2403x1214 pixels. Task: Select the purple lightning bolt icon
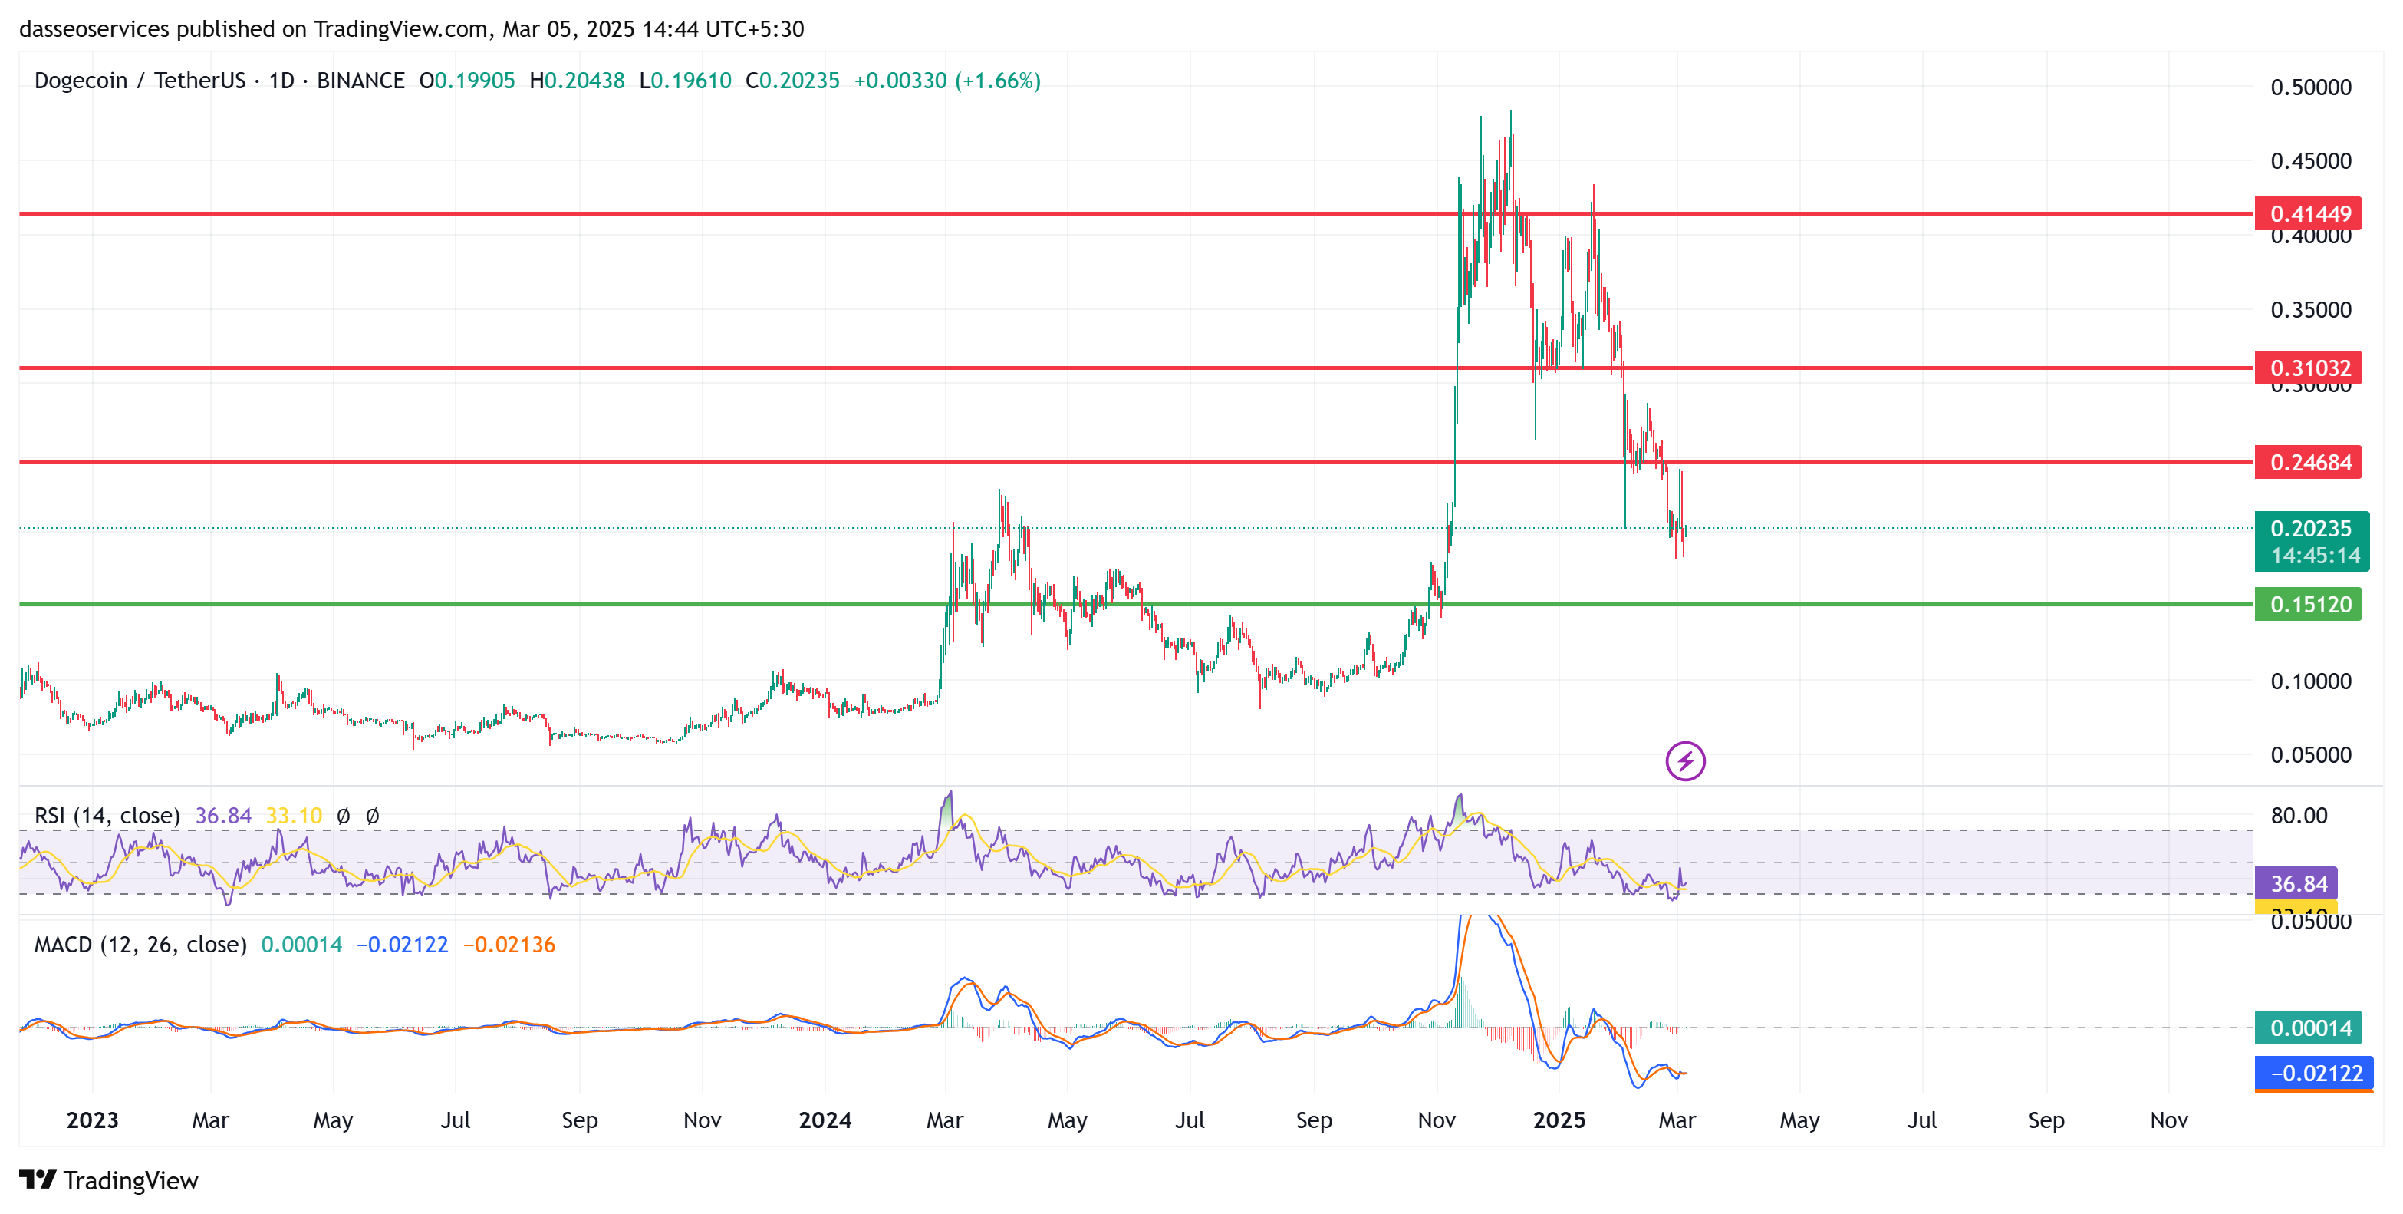click(x=1685, y=761)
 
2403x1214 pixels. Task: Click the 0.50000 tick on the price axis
click(x=2309, y=87)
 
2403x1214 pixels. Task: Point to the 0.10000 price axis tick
click(x=2309, y=681)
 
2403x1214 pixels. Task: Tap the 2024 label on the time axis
click(x=825, y=1120)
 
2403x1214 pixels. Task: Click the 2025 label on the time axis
click(x=1559, y=1120)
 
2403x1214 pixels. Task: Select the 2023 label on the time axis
click(x=92, y=1120)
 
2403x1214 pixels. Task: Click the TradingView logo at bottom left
click(x=109, y=1180)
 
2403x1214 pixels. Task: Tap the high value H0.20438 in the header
click(x=577, y=81)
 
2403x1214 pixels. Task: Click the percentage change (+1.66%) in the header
click(x=997, y=81)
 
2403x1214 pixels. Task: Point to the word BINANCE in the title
click(x=360, y=81)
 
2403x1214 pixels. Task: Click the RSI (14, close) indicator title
click(x=107, y=816)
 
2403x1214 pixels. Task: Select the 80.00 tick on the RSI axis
click(x=2298, y=816)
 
